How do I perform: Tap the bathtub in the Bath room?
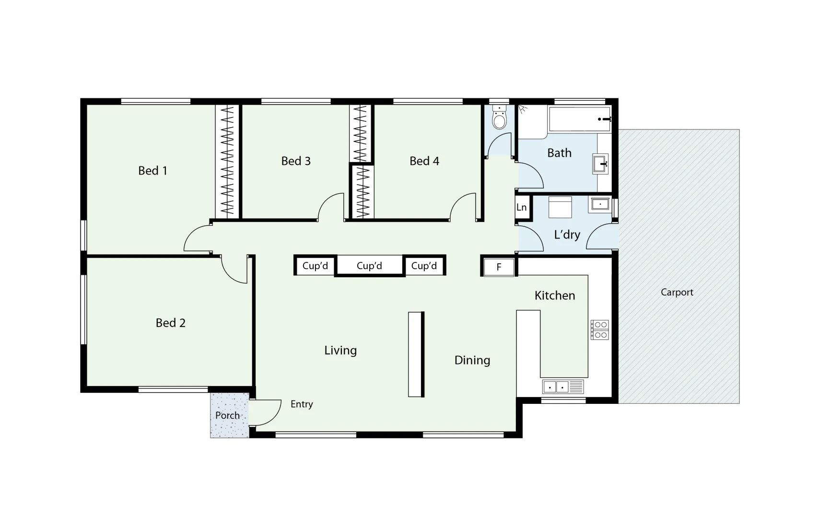(579, 119)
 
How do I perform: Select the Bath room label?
(559, 153)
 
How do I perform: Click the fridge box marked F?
(499, 267)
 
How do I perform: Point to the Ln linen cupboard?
(522, 208)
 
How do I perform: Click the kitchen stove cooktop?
(600, 330)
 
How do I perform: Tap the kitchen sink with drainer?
(562, 387)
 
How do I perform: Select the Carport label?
(677, 292)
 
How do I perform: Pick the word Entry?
(302, 404)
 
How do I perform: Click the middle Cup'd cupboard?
(369, 266)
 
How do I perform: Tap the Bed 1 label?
(152, 171)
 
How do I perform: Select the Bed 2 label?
(170, 323)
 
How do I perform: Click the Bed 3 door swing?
(332, 206)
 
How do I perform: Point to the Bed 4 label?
(424, 161)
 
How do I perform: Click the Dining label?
(472, 360)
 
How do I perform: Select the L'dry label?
(567, 235)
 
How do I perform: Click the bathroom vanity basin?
(600, 164)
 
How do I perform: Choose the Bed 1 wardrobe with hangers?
(227, 161)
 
